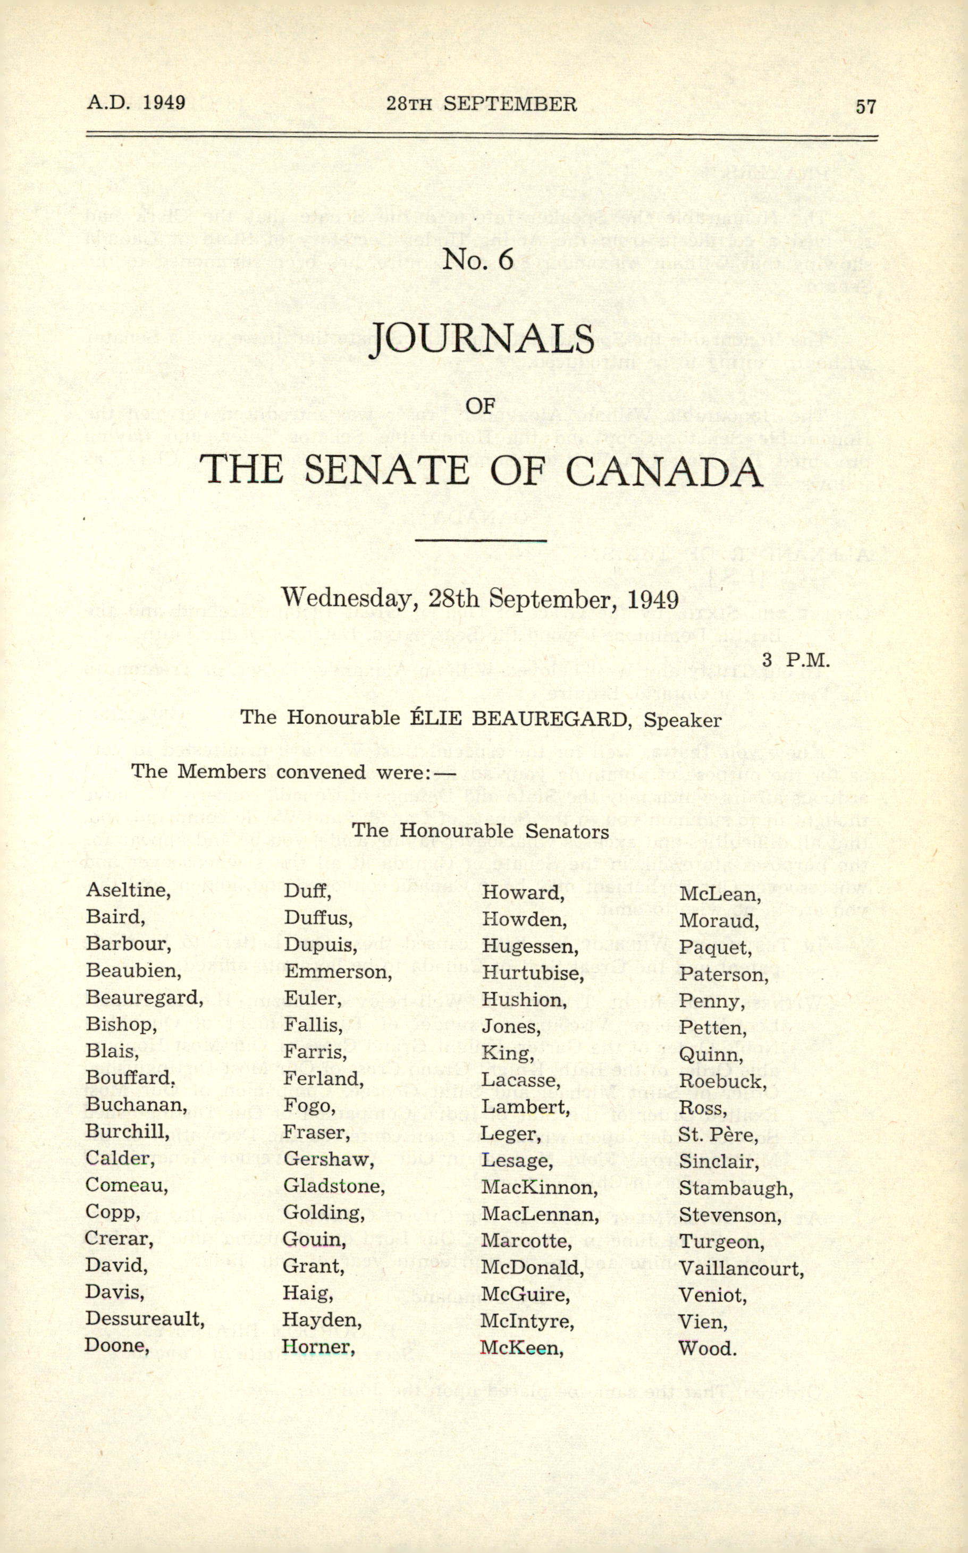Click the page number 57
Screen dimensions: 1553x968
click(865, 106)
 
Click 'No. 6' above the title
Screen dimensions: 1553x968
click(478, 259)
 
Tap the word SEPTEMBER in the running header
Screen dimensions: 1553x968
click(510, 104)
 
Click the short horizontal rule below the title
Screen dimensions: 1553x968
click(481, 541)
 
